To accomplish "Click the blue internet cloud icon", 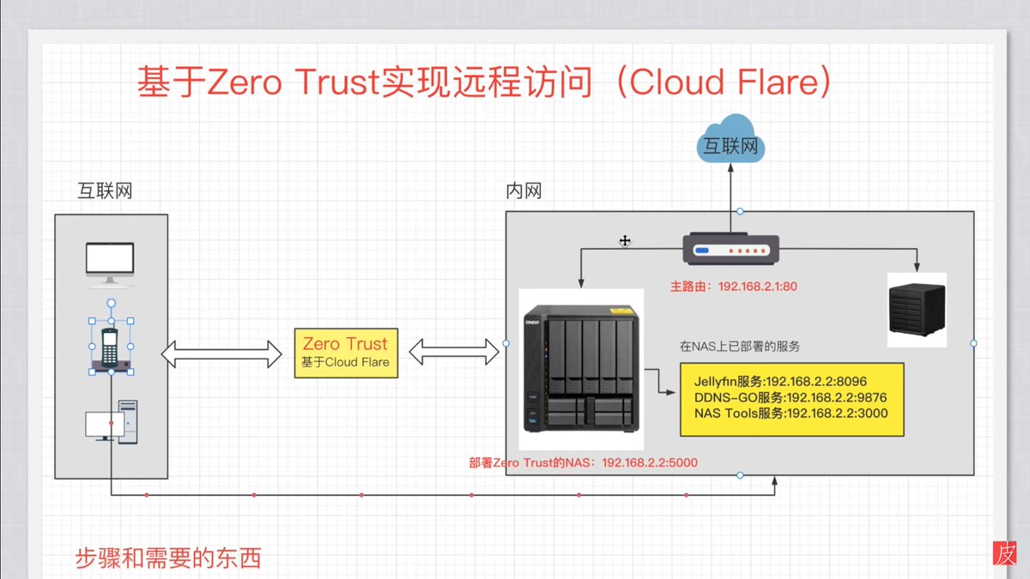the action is (x=730, y=139).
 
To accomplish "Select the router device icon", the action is (x=730, y=249).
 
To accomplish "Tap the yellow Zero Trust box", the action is (x=346, y=353).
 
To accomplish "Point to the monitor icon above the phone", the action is (x=110, y=265).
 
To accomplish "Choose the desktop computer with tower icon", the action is (x=112, y=422).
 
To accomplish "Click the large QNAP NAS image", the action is (x=581, y=369).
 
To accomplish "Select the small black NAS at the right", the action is (x=917, y=309).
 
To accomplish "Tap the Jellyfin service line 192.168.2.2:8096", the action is (x=780, y=382).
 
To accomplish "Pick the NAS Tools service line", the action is (x=791, y=413).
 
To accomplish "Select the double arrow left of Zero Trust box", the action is (x=221, y=353).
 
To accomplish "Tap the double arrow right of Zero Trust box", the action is (x=454, y=353).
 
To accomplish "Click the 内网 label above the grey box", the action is (x=524, y=190).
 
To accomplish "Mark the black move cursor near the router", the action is (x=625, y=240).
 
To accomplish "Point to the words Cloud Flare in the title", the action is (x=724, y=81).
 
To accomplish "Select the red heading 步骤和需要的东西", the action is (x=168, y=558).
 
